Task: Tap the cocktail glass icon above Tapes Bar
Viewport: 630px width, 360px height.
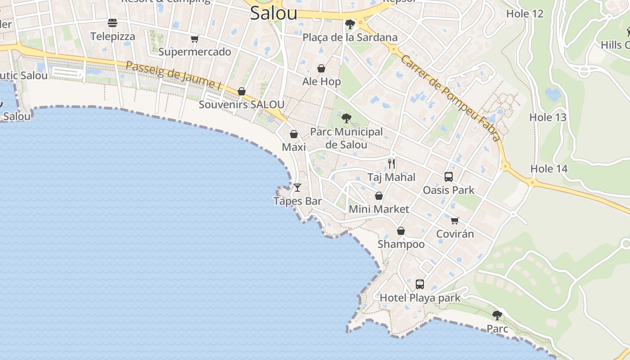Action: point(297,187)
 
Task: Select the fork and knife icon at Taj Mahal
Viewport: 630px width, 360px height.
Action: point(391,163)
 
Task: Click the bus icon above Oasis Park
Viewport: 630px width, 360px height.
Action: point(448,176)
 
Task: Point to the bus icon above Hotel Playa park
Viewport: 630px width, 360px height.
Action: point(420,284)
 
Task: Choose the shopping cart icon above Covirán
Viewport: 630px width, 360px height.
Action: point(454,220)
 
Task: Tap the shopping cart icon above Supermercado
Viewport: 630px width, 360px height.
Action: point(194,39)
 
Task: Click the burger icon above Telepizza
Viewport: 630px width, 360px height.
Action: point(112,22)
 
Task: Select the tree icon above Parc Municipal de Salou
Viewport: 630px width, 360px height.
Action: point(346,118)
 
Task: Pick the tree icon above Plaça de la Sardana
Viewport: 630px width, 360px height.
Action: point(350,24)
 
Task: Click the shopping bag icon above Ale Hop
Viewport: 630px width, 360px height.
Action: point(321,68)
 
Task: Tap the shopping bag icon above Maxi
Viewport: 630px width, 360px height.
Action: point(293,134)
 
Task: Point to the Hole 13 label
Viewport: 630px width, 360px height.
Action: point(548,117)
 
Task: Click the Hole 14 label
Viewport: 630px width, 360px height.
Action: point(549,169)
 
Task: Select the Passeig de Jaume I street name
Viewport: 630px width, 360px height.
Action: point(174,75)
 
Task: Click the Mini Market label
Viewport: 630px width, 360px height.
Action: point(379,209)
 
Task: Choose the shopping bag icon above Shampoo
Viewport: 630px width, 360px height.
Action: point(400,231)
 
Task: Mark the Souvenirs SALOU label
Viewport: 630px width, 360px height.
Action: point(241,104)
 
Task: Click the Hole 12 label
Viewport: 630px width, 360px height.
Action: point(525,13)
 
